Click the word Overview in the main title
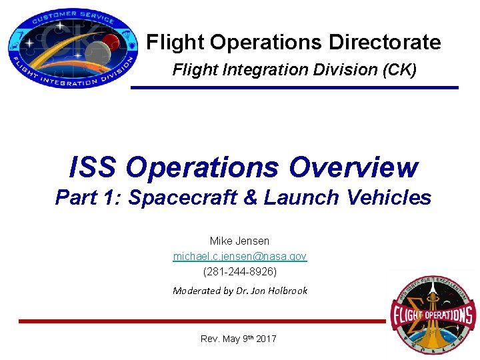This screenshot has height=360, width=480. [353, 167]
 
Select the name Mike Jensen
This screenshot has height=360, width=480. [239, 241]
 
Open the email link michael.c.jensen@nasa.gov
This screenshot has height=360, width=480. [239, 256]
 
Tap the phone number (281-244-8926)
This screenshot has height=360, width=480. [239, 271]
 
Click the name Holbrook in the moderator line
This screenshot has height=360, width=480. [287, 291]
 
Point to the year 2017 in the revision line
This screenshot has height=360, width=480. [265, 339]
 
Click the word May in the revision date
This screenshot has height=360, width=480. [232, 339]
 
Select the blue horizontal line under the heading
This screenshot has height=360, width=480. [294, 87]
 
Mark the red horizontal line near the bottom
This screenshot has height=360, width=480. [200, 321]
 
